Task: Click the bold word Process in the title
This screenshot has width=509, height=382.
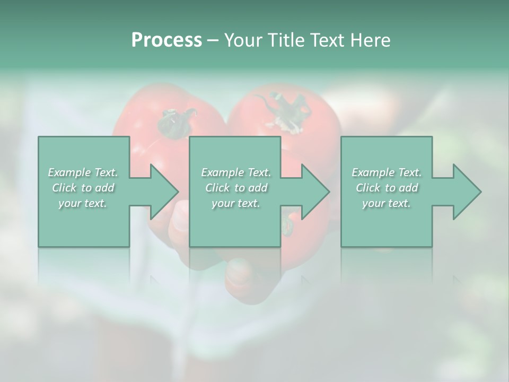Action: (166, 40)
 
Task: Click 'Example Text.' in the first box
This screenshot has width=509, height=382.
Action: (83, 172)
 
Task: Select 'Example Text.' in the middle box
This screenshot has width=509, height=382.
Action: (236, 172)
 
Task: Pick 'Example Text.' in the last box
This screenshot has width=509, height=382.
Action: (387, 172)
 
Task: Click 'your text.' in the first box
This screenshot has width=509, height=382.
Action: (83, 203)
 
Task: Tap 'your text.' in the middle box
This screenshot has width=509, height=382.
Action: (236, 203)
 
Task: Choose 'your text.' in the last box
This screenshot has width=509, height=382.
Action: (387, 203)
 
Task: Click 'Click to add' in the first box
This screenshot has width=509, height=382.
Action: (83, 188)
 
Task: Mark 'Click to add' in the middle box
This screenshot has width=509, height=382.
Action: (236, 188)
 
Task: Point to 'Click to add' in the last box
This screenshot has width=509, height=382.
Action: (387, 188)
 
